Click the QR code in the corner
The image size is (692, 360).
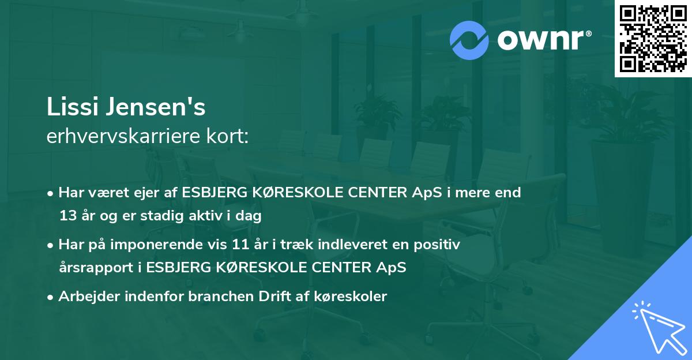pyautogui.click(x=653, y=39)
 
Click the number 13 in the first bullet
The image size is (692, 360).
pyautogui.click(x=67, y=216)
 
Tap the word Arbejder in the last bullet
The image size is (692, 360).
pyautogui.click(x=84, y=297)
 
